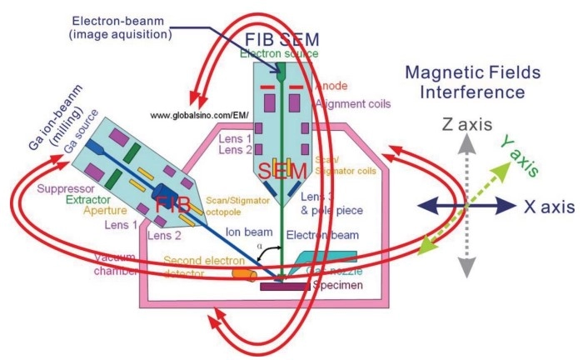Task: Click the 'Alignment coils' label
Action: click(349, 102)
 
